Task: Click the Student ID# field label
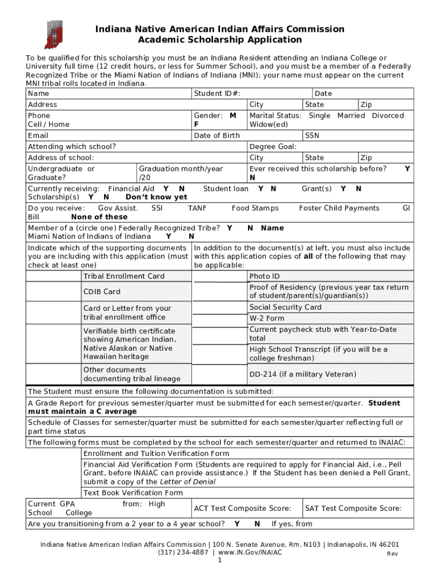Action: (x=217, y=94)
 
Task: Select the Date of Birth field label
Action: (x=217, y=135)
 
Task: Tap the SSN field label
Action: (x=313, y=135)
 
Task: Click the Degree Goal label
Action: (x=273, y=147)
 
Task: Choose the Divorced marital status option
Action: (x=387, y=116)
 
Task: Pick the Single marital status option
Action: (x=319, y=116)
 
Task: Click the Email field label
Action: (x=38, y=136)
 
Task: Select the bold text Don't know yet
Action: (x=156, y=197)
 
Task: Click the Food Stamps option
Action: (x=255, y=209)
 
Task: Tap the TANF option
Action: (x=197, y=209)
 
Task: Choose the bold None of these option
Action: (x=99, y=217)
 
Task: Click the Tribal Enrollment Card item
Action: (x=124, y=277)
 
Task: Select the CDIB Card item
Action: (x=102, y=292)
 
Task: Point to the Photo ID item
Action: (x=265, y=277)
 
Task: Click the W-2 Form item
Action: (x=267, y=319)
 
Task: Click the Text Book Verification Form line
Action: (x=133, y=493)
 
